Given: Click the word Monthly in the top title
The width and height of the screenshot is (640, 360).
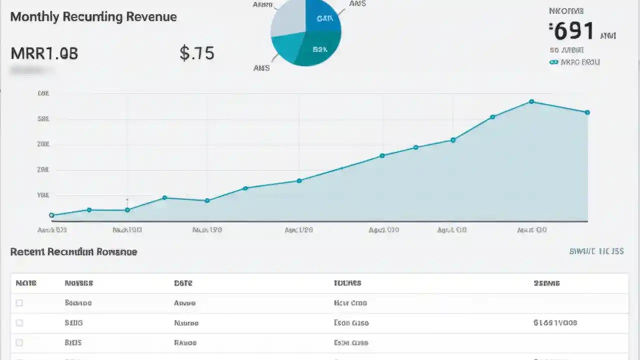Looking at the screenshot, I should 33,16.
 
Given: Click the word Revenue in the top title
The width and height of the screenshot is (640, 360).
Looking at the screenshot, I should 151,16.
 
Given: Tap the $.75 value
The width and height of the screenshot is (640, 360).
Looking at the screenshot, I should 197,53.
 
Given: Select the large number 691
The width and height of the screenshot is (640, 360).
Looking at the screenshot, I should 574,31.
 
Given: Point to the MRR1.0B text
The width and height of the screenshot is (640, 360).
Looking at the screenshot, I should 44,53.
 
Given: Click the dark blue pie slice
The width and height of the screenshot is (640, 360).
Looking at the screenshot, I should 322,15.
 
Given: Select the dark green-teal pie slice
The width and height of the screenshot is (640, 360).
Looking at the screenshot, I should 320,50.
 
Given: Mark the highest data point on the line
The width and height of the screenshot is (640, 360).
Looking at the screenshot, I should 531,101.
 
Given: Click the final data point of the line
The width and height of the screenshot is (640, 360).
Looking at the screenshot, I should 587,112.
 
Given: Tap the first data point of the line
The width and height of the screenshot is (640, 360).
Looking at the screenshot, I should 51,215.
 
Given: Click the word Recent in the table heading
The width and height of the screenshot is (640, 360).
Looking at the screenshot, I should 27,251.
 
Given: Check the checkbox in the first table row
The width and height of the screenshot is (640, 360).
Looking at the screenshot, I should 19,303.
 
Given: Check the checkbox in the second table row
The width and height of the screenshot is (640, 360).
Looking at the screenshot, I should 19,323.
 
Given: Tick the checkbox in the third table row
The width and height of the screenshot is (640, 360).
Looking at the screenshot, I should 19,343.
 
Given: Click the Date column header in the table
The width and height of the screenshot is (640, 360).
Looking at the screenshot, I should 183,283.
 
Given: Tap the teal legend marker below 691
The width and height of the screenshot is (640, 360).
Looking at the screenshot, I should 553,62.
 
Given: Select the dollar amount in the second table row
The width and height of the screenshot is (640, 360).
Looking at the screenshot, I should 555,323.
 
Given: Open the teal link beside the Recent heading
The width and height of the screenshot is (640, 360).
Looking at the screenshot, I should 596,251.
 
